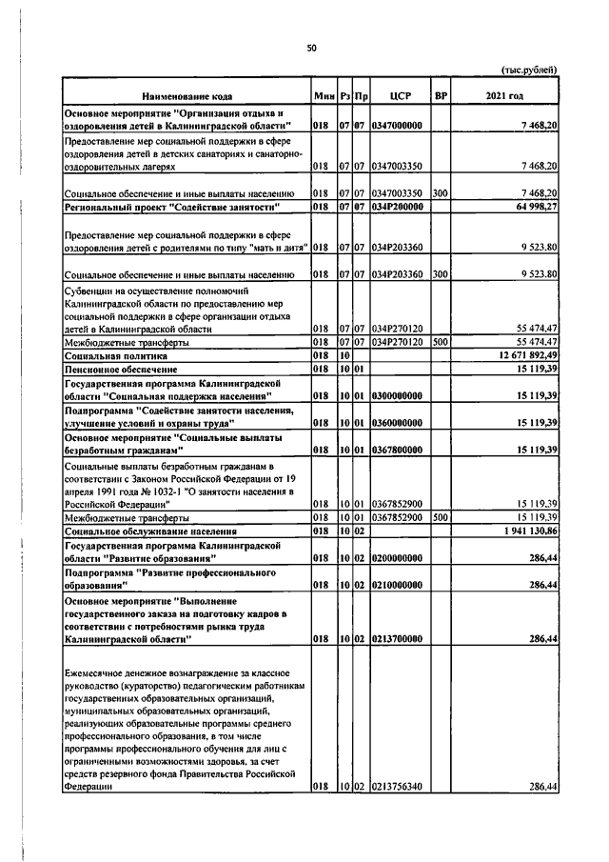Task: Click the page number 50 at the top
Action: coord(311,49)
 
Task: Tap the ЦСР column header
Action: coord(400,96)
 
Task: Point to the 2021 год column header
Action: coord(504,96)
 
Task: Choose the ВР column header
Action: coord(440,96)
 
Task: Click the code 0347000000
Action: coord(398,125)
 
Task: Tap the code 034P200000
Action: coord(398,206)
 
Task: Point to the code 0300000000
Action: coord(398,394)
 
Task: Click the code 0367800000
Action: coord(398,448)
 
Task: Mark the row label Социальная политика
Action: coord(109,354)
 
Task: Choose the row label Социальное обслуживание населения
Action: coord(149,531)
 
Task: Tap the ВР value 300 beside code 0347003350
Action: coord(440,192)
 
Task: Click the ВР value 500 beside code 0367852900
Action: coord(440,517)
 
